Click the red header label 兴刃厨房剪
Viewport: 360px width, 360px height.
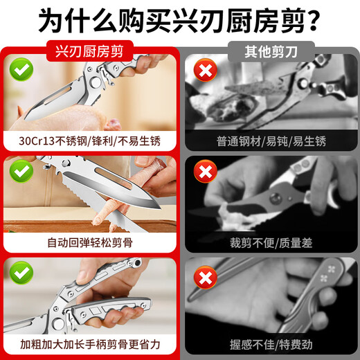pos(89,51)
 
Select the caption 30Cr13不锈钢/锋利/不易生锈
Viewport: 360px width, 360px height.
pos(89,141)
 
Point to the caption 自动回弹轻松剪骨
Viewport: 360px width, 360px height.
pos(89,242)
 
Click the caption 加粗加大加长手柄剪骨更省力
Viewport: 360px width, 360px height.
pos(89,344)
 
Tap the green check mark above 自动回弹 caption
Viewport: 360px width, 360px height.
pos(21,171)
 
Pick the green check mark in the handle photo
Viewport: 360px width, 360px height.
pos(21,273)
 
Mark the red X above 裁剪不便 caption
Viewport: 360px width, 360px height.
pos(203,171)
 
